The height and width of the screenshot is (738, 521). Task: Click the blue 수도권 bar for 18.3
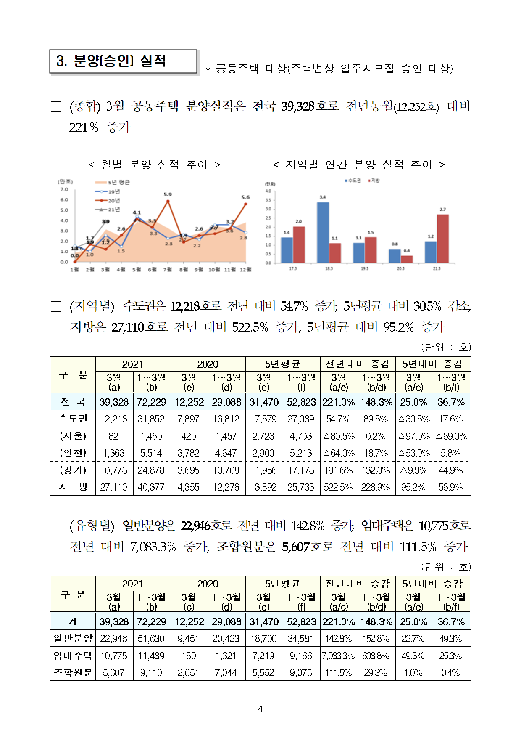tap(323, 232)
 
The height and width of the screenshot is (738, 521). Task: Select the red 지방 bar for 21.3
tap(442, 239)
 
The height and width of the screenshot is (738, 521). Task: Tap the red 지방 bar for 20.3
tap(407, 259)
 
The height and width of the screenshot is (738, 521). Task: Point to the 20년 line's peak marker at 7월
tap(168, 201)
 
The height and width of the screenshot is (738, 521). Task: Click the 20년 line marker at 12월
tap(245, 204)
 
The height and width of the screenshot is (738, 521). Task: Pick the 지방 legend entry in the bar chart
tap(374, 181)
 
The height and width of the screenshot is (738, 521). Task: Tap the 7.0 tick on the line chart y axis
tap(64, 189)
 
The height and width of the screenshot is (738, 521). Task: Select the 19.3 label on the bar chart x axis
tap(365, 268)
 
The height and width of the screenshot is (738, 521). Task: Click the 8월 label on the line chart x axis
tap(183, 269)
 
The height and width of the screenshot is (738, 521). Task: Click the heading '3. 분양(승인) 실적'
tap(111, 61)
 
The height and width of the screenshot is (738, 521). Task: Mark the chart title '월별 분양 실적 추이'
tap(154, 165)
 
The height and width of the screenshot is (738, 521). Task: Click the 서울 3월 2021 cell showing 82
tap(114, 436)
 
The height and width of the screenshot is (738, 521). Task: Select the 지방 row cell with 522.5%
tap(338, 487)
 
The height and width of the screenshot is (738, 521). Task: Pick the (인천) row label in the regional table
tap(73, 453)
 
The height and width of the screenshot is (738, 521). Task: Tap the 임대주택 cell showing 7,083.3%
tap(338, 656)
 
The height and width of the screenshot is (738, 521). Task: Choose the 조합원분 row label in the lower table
tap(73, 673)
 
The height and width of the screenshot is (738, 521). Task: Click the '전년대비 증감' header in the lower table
tap(358, 584)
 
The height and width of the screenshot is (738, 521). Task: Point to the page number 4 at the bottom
tap(260, 709)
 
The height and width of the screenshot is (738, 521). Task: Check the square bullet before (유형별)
tap(56, 526)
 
